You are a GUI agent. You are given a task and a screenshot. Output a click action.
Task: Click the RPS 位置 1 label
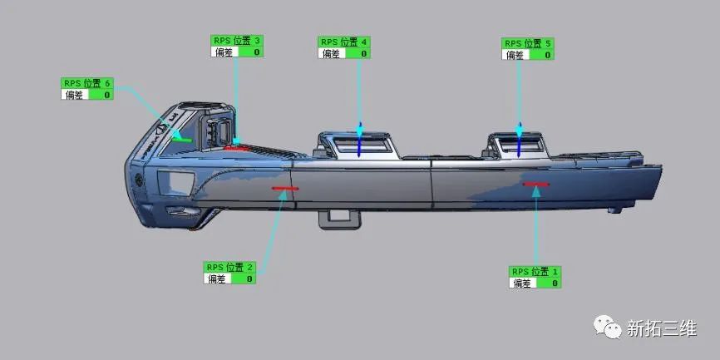pos(535,272)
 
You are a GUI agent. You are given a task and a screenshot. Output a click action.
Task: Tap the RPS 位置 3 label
pos(237,40)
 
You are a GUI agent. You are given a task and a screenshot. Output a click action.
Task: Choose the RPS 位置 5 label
pos(528,43)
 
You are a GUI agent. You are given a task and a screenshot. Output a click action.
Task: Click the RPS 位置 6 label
pos(86,83)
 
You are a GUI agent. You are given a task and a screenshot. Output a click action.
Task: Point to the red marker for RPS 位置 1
pos(536,184)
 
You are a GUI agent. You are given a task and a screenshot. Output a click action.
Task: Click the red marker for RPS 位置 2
pos(284,189)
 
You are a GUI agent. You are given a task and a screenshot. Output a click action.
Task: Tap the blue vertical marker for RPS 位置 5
pos(520,142)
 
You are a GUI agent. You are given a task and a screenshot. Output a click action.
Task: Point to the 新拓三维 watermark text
pos(661,329)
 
